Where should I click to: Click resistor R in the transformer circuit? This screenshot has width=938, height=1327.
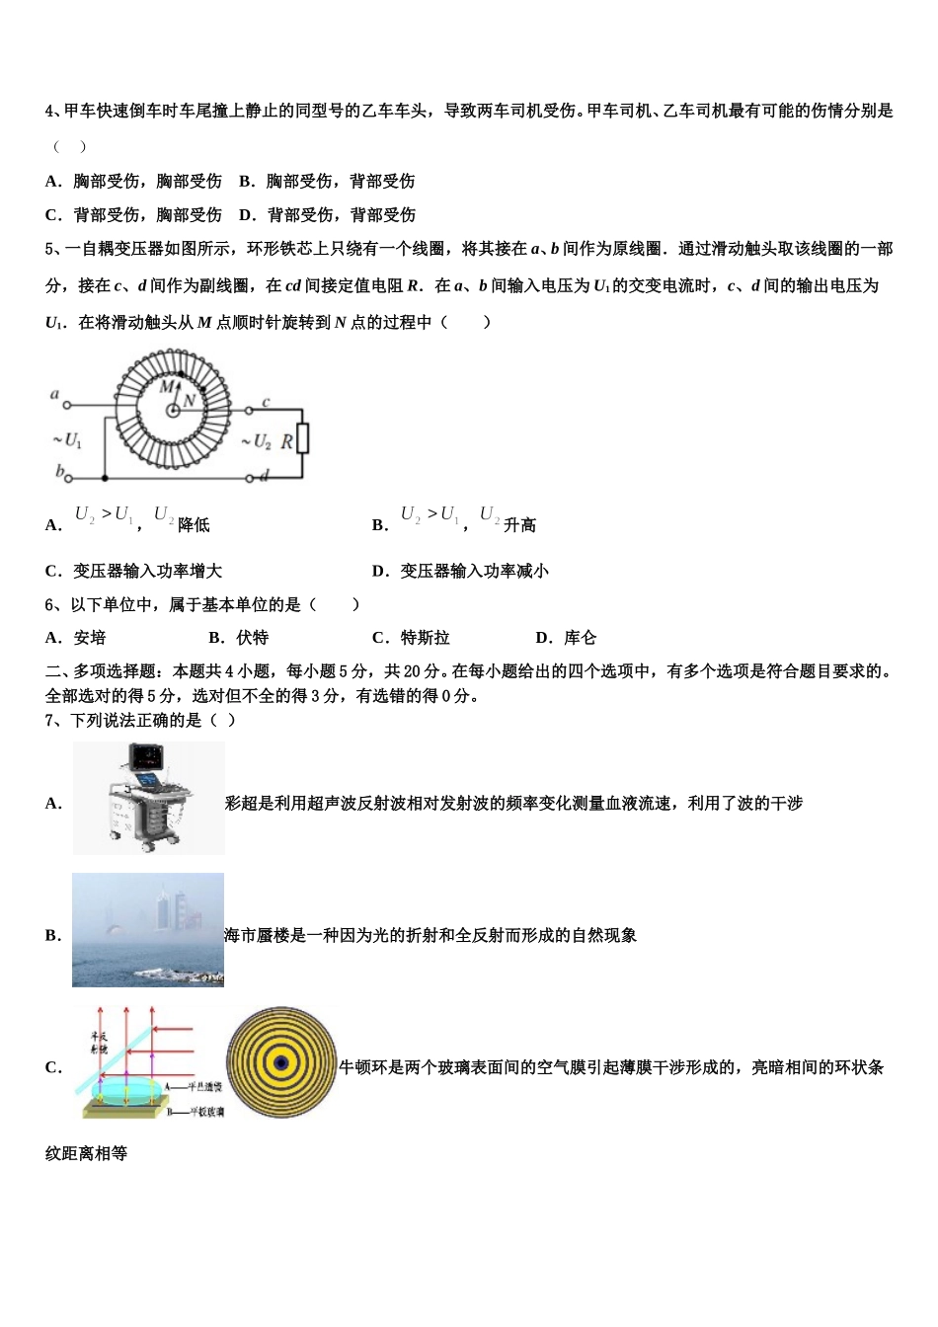(x=302, y=437)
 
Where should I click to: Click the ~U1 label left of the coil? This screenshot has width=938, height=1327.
(x=67, y=439)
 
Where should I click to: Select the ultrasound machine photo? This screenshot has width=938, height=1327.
(x=148, y=798)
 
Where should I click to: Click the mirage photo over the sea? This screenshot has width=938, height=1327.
(x=148, y=930)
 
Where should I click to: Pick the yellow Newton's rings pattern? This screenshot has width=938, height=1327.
(x=281, y=1062)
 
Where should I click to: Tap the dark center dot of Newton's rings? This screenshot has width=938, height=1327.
(x=281, y=1062)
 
